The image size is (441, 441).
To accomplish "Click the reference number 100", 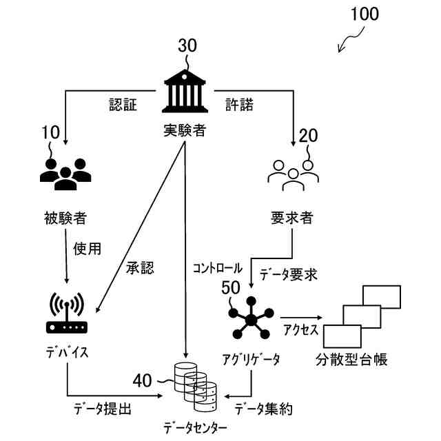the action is (365, 14).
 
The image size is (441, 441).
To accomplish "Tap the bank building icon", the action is (185, 91).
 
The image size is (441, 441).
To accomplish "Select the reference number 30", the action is (187, 45).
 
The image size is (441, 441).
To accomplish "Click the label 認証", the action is (123, 105).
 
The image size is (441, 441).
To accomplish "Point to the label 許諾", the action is (239, 105).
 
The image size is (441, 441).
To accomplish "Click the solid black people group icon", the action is (65, 174).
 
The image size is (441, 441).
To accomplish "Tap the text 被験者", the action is (65, 218).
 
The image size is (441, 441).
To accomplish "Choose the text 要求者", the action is (291, 218).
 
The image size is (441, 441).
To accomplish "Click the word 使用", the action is (87, 249).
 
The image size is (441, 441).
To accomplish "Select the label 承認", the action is (140, 267).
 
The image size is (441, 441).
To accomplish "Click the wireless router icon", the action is (67, 313).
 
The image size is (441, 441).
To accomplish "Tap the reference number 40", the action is (143, 381).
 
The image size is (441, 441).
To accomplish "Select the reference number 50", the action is (231, 287).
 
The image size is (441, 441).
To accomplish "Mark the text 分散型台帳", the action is (351, 360).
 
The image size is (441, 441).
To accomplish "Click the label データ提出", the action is (103, 409).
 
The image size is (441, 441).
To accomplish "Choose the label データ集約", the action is (263, 409).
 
